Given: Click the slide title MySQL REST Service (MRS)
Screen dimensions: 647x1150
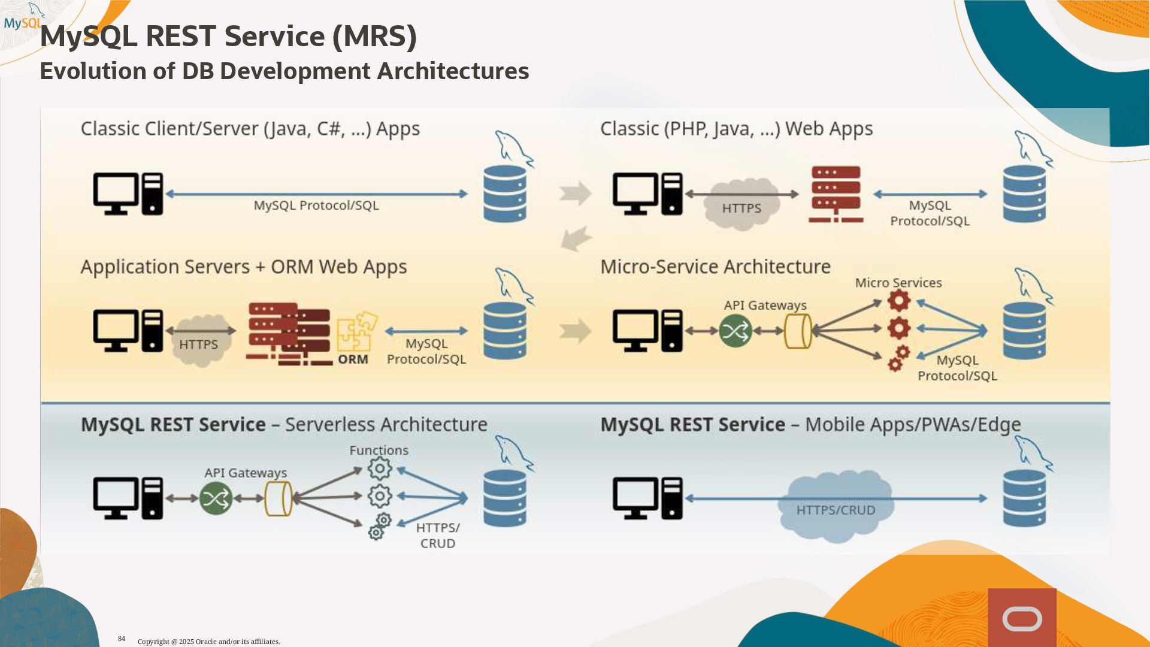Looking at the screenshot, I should pyautogui.click(x=228, y=36).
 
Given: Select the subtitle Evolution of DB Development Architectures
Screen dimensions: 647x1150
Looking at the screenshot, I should pyautogui.click(x=284, y=71).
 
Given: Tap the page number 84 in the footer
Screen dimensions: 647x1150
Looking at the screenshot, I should pyautogui.click(x=122, y=639).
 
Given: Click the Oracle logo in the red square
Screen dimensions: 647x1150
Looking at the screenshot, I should pyautogui.click(x=1022, y=619).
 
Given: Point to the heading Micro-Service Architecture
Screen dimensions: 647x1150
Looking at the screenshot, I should pyautogui.click(x=715, y=267).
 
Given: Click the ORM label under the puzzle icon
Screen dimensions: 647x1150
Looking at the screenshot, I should pyautogui.click(x=353, y=359).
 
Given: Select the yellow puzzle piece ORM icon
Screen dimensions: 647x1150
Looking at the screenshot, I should pyautogui.click(x=356, y=331).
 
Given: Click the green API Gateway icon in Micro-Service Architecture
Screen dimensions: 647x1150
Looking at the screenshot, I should pyautogui.click(x=736, y=331).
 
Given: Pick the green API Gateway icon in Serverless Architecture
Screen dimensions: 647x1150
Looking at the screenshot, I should pyautogui.click(x=216, y=498).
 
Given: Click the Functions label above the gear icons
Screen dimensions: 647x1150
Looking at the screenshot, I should pyautogui.click(x=379, y=451).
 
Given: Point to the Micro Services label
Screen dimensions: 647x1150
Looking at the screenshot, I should pyautogui.click(x=898, y=283).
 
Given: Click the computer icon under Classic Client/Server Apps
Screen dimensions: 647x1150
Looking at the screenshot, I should pyautogui.click(x=128, y=194).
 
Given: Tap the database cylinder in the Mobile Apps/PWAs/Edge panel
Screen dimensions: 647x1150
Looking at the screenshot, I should pyautogui.click(x=1024, y=498).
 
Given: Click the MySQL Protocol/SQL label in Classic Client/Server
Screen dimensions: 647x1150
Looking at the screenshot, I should pyautogui.click(x=316, y=205).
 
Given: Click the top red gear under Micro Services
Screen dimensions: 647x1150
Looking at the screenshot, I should pyautogui.click(x=898, y=301).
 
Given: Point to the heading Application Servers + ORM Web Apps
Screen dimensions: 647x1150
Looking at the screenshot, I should pyautogui.click(x=244, y=267).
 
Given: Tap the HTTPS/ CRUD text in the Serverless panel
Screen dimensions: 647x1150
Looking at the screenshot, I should pyautogui.click(x=438, y=536).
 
